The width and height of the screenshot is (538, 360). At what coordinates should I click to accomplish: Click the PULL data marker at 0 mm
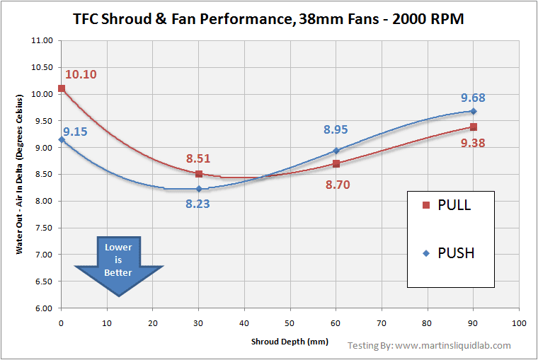[62, 88]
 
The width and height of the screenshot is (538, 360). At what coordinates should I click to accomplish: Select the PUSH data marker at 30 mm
[199, 189]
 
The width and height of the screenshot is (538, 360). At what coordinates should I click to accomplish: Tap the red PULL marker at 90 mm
[474, 127]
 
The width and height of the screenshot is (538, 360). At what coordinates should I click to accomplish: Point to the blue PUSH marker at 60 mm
[336, 151]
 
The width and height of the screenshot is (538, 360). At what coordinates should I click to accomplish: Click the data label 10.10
[81, 74]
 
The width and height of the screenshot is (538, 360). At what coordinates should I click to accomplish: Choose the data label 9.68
[473, 98]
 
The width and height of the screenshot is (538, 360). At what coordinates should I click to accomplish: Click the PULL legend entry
[446, 205]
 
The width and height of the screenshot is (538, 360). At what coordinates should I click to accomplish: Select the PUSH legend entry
[447, 252]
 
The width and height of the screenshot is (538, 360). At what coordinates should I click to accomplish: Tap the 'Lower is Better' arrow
[118, 263]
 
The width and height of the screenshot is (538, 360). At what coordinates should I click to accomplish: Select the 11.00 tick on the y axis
[42, 40]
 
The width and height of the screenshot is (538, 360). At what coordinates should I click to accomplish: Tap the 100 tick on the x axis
[519, 323]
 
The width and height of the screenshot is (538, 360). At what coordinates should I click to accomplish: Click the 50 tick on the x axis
[290, 323]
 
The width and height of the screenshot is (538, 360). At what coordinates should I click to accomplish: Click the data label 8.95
[336, 129]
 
